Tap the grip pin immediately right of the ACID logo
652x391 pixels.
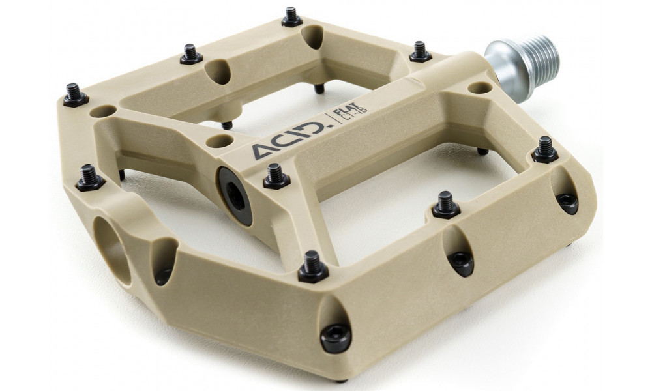(276, 177)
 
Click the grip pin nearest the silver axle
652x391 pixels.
(420, 51)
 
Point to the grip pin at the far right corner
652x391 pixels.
(545, 150)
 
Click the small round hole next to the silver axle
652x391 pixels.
(481, 86)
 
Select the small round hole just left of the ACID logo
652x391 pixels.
(218, 139)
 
